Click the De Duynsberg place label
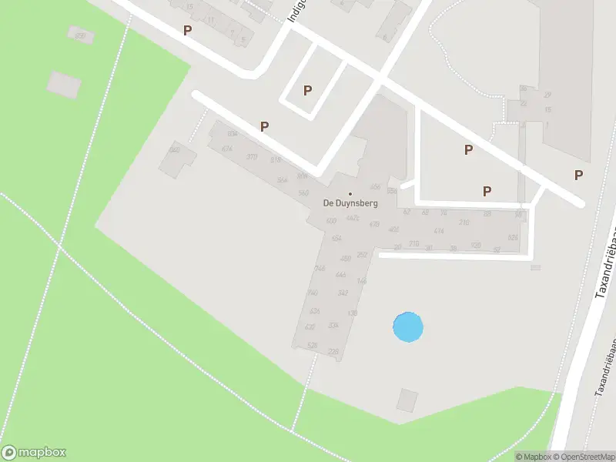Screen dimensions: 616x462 (350, 203)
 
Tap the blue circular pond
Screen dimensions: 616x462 (408, 327)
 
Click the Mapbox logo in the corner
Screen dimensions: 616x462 (34, 453)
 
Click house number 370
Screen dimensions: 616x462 (252, 156)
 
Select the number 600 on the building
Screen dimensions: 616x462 (332, 221)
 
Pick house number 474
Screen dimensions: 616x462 (439, 231)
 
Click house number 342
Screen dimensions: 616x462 (343, 293)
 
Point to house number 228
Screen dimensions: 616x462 (333, 351)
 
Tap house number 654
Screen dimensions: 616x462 (336, 239)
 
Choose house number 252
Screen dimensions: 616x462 (362, 254)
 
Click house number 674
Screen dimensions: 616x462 (226, 149)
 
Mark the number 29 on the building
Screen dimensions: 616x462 (547, 95)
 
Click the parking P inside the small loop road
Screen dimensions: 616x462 (307, 90)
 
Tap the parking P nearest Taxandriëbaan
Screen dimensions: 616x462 (578, 175)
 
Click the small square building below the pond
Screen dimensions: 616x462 (407, 400)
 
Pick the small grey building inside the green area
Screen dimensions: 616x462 (64, 83)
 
